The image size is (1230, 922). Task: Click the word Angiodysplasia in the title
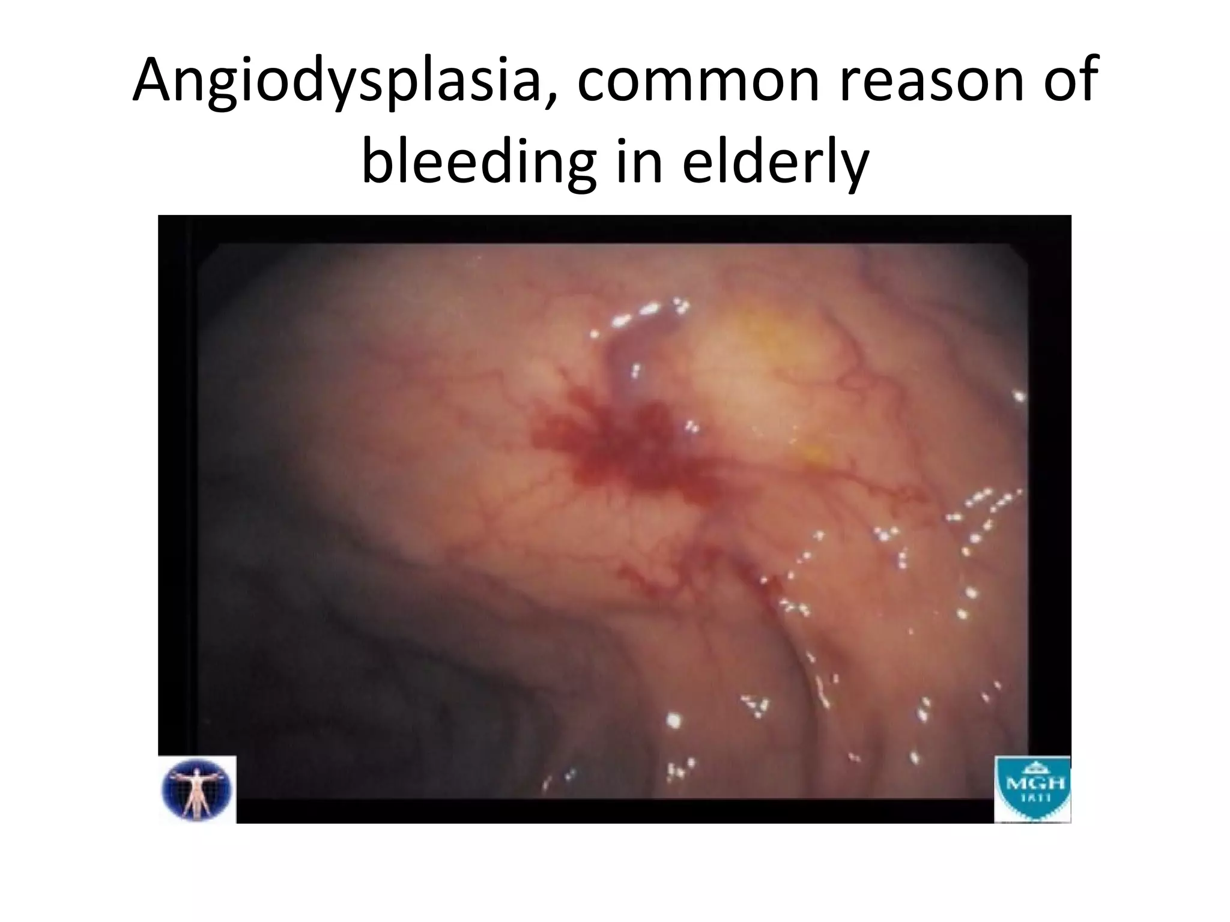336,81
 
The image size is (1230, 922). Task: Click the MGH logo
1032,789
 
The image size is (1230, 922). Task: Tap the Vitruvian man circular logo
197,789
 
